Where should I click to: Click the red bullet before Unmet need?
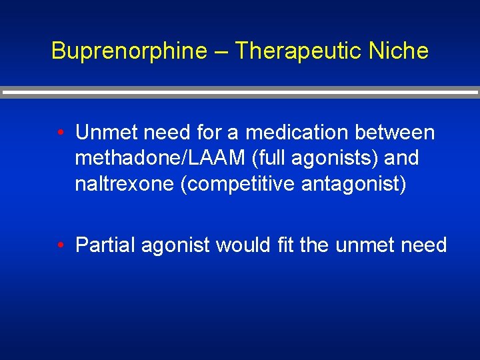pyautogui.click(x=61, y=133)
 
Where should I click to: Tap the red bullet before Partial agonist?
pyautogui.click(x=61, y=245)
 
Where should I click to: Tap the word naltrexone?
pyautogui.click(x=125, y=183)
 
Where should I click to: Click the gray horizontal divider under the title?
pyautogui.click(x=240, y=93)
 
